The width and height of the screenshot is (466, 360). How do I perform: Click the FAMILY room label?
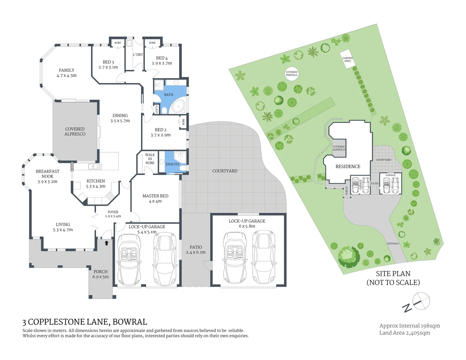click(67, 70)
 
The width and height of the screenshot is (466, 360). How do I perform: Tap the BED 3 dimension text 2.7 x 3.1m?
click(108, 67)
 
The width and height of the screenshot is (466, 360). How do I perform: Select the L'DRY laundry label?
click(138, 55)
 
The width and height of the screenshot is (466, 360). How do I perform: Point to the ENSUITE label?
click(172, 164)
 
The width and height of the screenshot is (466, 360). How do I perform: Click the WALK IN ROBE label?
click(150, 159)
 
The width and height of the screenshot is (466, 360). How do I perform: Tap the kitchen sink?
click(95, 166)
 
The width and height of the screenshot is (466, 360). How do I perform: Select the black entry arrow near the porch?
click(107, 243)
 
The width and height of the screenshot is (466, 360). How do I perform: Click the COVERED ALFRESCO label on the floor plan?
click(75, 131)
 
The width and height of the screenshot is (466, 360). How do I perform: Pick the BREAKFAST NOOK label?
click(48, 174)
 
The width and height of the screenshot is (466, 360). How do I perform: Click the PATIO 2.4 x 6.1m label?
click(196, 250)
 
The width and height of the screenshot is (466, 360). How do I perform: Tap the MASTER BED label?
click(155, 196)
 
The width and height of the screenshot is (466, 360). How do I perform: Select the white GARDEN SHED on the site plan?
click(347, 60)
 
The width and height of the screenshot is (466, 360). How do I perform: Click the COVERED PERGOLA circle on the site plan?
click(292, 73)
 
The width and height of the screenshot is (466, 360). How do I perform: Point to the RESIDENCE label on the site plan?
click(348, 166)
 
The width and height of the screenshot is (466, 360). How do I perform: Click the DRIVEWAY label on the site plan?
click(393, 244)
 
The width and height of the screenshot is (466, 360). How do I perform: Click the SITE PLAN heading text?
click(393, 274)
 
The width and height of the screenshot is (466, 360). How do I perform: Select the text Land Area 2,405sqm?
click(405, 333)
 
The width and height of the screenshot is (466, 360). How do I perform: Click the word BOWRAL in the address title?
click(130, 322)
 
